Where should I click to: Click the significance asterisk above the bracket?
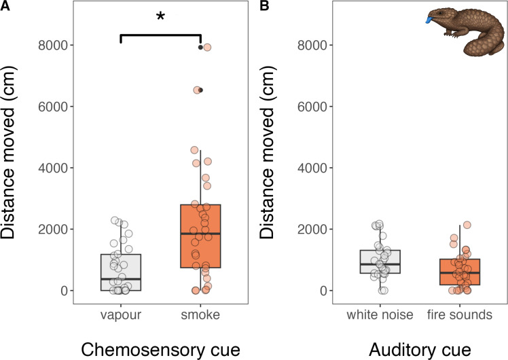tap(160, 17)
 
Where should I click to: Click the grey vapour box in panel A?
tap(121, 272)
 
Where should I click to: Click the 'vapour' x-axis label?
tap(121, 316)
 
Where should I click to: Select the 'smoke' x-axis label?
tap(201, 316)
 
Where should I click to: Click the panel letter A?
tap(5, 7)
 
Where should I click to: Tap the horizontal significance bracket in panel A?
tap(160, 35)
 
